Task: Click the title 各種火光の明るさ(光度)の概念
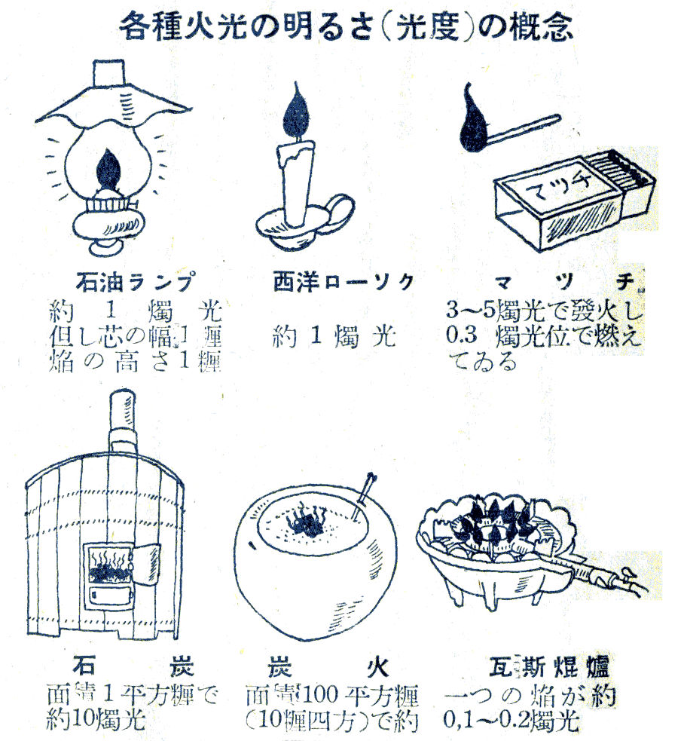pos(347,26)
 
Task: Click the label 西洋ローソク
pos(343,283)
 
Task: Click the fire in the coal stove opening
pos(109,569)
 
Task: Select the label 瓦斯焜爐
pos(548,668)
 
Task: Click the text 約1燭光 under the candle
pos(334,336)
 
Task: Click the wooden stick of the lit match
pos(527,127)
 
